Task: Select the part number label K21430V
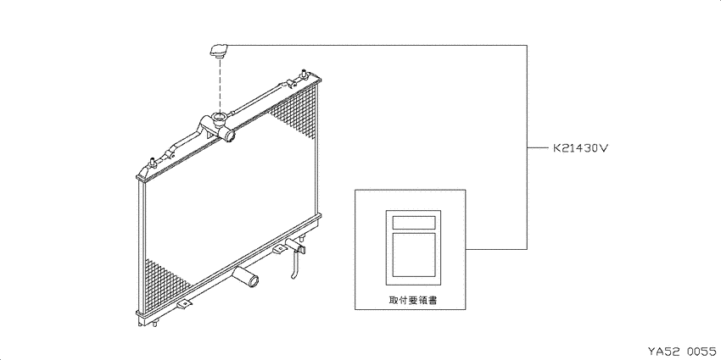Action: coord(581,148)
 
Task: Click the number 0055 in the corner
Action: coord(701,352)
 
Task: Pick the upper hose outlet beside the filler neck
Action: coord(228,135)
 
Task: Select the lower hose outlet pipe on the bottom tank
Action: coord(247,277)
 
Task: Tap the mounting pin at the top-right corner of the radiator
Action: coord(304,74)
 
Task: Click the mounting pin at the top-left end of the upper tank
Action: coord(151,162)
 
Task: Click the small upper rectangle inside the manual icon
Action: coord(413,222)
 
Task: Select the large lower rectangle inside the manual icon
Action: coord(413,255)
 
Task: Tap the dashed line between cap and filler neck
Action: coord(221,86)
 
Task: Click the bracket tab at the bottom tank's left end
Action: coord(185,304)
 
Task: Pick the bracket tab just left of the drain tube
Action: coord(280,249)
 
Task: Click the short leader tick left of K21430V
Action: coord(536,148)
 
